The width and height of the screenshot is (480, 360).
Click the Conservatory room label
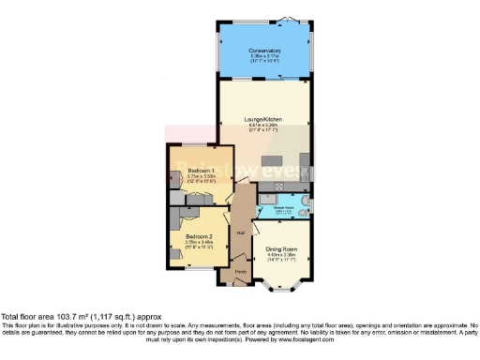265,50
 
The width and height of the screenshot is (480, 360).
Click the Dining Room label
281,247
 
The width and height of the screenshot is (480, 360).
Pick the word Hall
241,232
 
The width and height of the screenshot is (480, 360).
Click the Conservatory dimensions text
265,58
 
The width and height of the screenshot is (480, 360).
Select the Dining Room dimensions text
281,256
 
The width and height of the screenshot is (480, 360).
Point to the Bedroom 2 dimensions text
199,244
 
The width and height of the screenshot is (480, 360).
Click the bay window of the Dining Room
281,282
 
